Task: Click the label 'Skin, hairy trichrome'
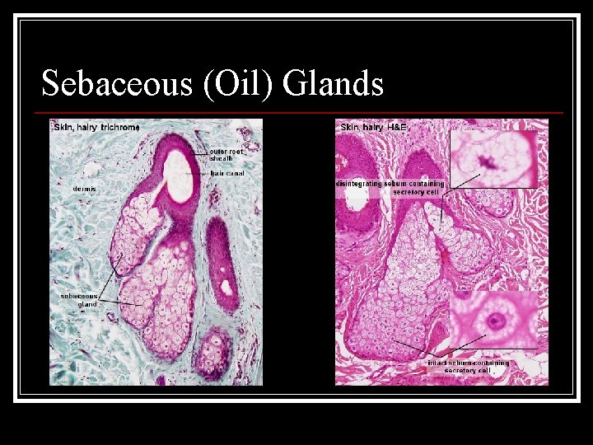click(96, 127)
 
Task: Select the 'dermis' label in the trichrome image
click(84, 189)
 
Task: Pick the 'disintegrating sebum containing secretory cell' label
click(390, 187)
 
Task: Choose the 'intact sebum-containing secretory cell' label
click(468, 367)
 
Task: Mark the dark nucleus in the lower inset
click(495, 320)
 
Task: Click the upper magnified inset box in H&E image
click(493, 159)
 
